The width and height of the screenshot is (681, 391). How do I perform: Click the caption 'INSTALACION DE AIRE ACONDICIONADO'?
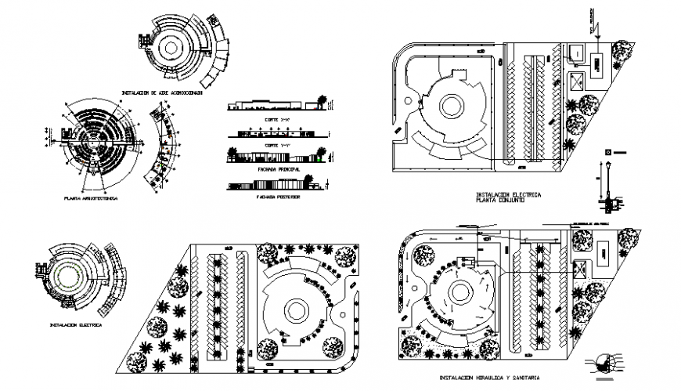[162, 92]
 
